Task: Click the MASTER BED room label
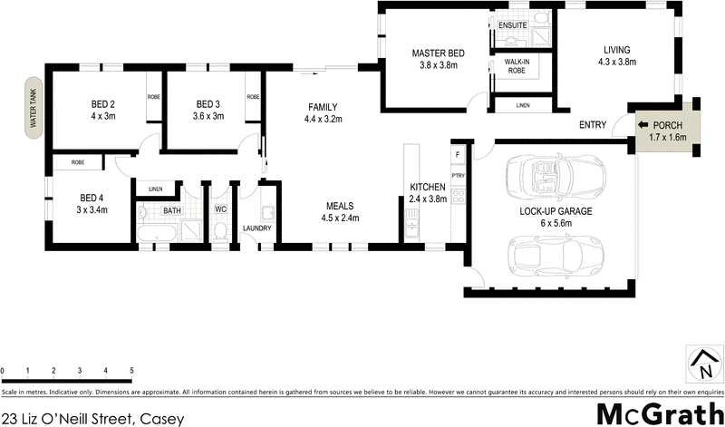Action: tap(438, 53)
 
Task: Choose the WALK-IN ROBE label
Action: tap(516, 65)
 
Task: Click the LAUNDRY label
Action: tap(256, 228)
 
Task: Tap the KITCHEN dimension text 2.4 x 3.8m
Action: tap(429, 199)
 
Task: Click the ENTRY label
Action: tap(593, 125)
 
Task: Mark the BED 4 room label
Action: tap(93, 198)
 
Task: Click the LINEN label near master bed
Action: tap(522, 106)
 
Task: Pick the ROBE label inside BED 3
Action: tap(253, 96)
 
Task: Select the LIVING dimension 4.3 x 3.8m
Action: tap(617, 62)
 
